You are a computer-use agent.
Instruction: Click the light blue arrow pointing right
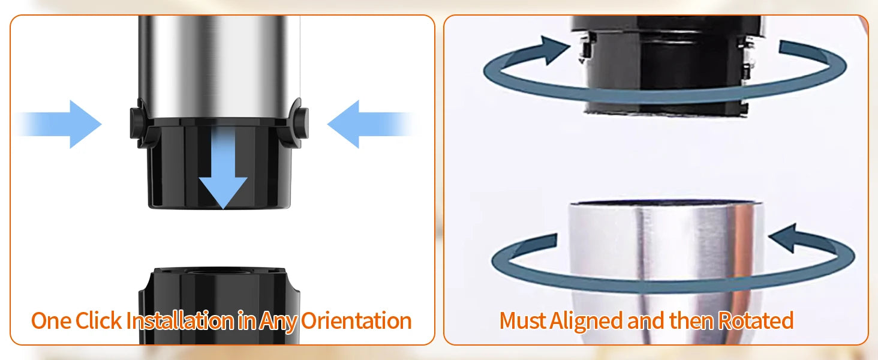(59, 124)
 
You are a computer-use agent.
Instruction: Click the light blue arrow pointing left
(371, 124)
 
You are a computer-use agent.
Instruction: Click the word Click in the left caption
(98, 321)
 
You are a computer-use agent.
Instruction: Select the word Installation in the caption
(180, 321)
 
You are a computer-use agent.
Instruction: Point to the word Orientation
(356, 321)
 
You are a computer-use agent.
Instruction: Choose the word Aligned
(586, 322)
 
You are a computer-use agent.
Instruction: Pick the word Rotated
(755, 321)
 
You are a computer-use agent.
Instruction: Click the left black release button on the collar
(137, 122)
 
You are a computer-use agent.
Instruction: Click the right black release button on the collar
(302, 122)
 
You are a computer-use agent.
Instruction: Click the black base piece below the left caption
(220, 306)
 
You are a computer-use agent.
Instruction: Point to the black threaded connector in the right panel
(666, 65)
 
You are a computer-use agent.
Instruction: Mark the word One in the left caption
(51, 321)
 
